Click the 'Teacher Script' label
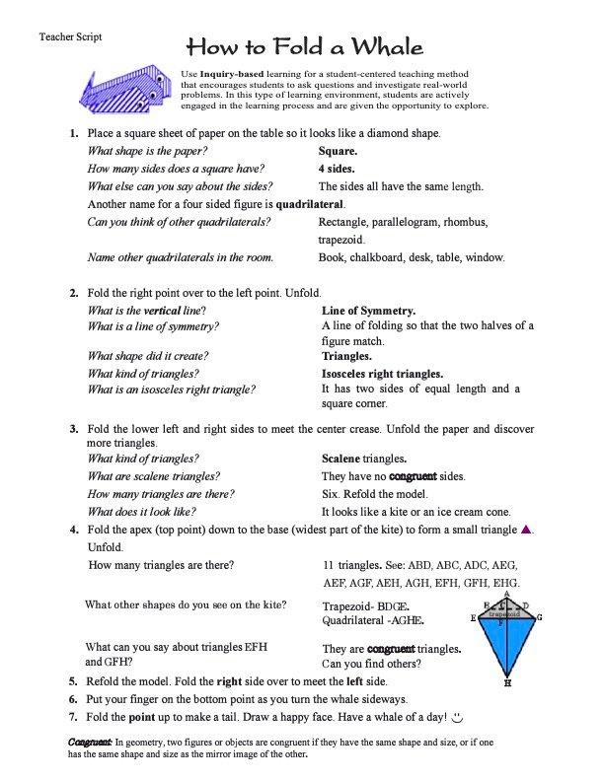tap(70, 36)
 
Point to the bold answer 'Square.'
tap(338, 152)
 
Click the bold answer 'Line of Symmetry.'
tap(368, 311)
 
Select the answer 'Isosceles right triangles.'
tap(383, 374)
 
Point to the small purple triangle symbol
tap(526, 531)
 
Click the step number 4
tap(74, 531)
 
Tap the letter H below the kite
tap(507, 681)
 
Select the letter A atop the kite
tap(506, 594)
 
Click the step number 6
tap(74, 698)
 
